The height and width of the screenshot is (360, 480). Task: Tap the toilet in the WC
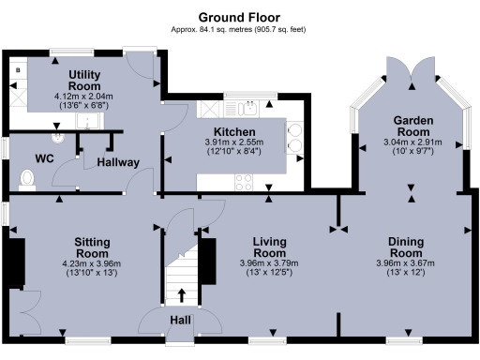tap(25, 177)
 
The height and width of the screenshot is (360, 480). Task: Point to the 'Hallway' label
tap(118, 162)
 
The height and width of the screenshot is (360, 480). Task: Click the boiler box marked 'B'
tap(17, 70)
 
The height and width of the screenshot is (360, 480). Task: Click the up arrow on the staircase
tap(180, 296)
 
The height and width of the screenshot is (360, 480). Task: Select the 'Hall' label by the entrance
tap(180, 322)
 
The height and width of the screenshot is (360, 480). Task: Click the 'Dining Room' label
tap(412, 247)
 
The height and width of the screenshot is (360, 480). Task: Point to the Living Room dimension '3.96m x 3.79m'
tap(269, 264)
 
